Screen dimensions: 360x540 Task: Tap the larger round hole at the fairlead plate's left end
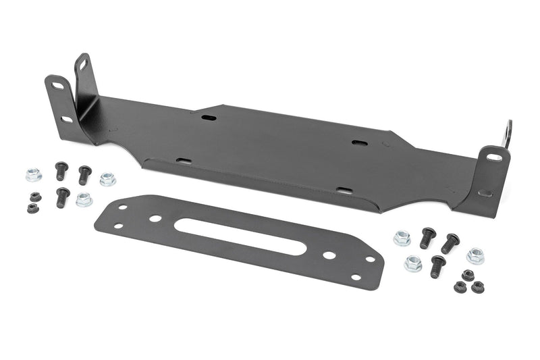coord(155,218)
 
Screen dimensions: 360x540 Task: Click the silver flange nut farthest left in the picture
coord(33,175)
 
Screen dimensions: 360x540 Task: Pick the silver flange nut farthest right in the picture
coord(475,256)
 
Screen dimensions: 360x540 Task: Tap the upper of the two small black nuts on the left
coord(35,197)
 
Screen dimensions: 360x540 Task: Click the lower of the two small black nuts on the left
coord(32,208)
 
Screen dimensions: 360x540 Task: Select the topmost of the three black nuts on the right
coord(467,275)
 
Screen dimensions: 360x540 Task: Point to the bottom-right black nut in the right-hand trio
coord(478,287)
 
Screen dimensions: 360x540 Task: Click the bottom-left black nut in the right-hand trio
coord(460,287)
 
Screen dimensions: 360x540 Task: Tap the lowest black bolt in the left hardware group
coord(63,197)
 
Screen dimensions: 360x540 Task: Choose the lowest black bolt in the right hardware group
coord(437,265)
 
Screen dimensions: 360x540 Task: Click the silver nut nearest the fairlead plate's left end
coord(84,199)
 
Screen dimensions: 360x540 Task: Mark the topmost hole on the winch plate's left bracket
coord(83,66)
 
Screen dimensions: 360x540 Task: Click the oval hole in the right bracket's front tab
coord(494,157)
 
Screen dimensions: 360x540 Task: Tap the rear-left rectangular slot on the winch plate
coord(209,118)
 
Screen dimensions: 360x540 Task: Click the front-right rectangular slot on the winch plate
coord(344,191)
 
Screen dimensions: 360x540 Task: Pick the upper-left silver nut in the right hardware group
coord(402,238)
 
